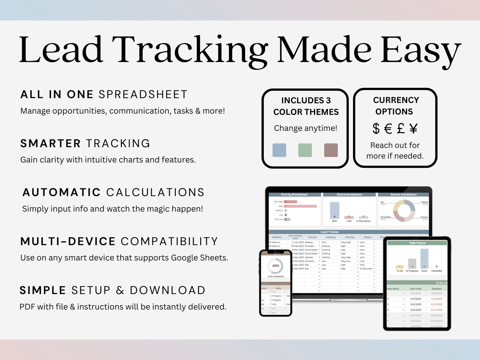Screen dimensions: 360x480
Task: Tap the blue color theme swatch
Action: [x=279, y=150]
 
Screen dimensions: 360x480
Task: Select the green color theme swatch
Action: [x=305, y=150]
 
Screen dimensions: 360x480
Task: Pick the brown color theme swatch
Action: [x=331, y=150]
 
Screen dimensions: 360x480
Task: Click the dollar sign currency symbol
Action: [x=376, y=128]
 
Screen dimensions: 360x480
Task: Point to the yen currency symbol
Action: [x=414, y=128]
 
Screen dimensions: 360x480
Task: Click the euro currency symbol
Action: [x=388, y=129]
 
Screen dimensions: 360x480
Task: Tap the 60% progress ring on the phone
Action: [x=276, y=266]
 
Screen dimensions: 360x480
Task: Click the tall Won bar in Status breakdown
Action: [x=334, y=210]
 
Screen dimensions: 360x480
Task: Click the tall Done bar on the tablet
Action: [x=424, y=259]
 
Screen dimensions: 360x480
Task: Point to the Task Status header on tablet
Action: [x=417, y=243]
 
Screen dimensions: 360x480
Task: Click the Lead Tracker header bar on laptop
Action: [x=329, y=232]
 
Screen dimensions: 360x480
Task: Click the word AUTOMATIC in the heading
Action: [x=62, y=193]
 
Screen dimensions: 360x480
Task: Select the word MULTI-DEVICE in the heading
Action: [x=68, y=242]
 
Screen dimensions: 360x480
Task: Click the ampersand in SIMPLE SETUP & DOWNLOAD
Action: [x=120, y=290]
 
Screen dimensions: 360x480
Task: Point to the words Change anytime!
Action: [x=305, y=128]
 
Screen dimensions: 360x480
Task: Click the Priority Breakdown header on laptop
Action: [x=294, y=194]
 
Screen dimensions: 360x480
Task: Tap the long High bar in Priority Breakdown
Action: [x=300, y=206]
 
